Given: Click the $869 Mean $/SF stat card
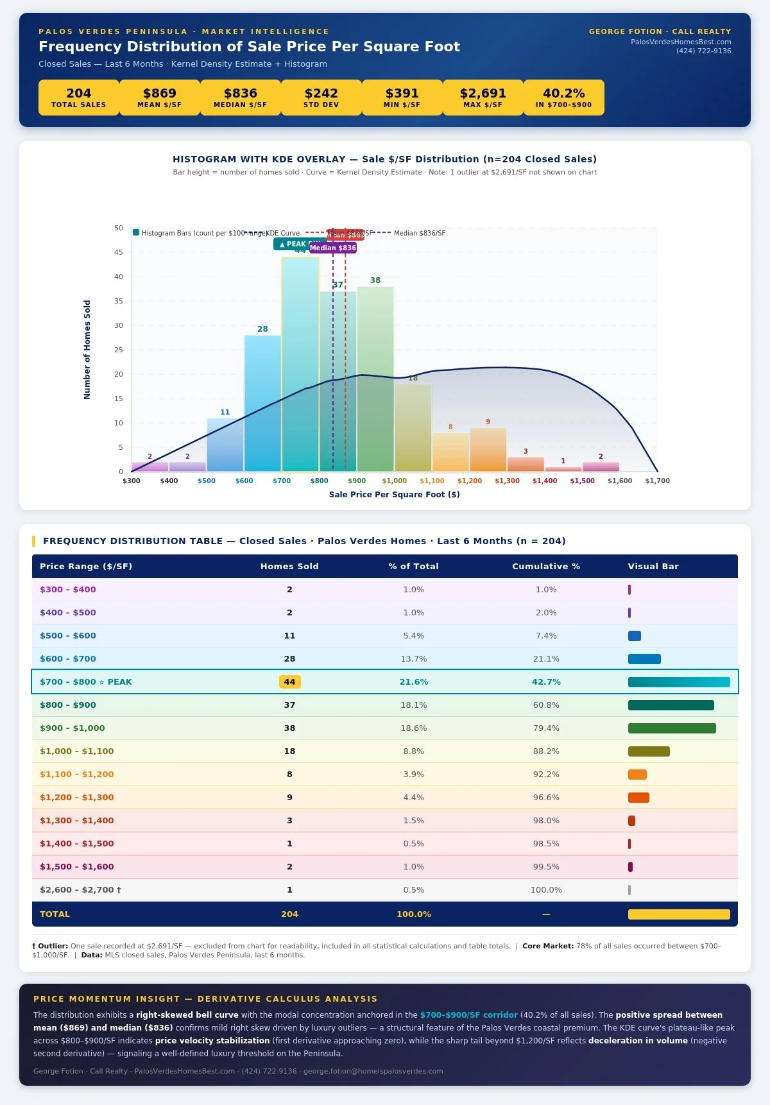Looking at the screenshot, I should (159, 98).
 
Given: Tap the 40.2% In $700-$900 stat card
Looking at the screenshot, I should (563, 98).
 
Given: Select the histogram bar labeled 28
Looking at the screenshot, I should (262, 404).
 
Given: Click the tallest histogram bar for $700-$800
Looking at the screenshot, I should (300, 366).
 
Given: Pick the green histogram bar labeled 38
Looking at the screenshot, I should (375, 379).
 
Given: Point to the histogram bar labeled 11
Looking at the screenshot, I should (225, 445).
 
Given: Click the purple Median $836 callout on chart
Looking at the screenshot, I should (332, 248).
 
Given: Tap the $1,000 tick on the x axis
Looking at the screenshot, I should (394, 481).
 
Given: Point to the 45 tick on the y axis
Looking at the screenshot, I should (119, 252).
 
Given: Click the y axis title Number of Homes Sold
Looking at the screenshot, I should (87, 350).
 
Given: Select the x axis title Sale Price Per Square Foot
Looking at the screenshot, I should (394, 494).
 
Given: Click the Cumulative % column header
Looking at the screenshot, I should (545, 566).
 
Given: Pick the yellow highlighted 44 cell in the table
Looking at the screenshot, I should (289, 681).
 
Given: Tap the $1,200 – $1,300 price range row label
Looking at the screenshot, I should (76, 797).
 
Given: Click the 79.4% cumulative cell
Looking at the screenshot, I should (545, 728).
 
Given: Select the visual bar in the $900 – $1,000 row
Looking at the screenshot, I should (671, 728).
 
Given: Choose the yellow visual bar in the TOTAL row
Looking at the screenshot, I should (678, 914).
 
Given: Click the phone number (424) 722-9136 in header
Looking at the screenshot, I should (703, 51).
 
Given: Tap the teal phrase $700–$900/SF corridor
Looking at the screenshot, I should (468, 1015).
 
